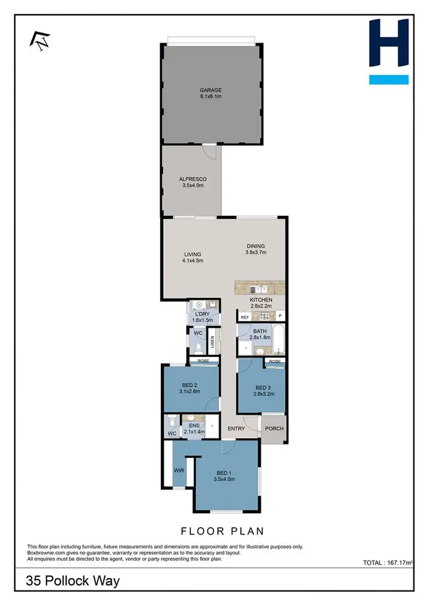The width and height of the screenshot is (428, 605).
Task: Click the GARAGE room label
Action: pyautogui.click(x=211, y=90)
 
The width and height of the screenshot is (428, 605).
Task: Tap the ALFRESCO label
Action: pyautogui.click(x=192, y=179)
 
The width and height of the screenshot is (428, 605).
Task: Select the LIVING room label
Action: pyautogui.click(x=193, y=255)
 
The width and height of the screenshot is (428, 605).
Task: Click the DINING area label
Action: pyautogui.click(x=255, y=247)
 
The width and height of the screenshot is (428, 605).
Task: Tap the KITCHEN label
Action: pyautogui.click(x=261, y=300)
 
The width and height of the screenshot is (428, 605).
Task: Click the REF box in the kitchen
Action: pyautogui.click(x=245, y=317)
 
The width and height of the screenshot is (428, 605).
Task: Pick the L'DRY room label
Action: pyautogui.click(x=203, y=314)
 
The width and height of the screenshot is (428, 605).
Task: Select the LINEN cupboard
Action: pyautogui.click(x=212, y=342)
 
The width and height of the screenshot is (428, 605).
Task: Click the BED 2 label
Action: pyautogui.click(x=189, y=385)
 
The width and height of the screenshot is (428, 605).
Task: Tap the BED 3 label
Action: pyautogui.click(x=264, y=388)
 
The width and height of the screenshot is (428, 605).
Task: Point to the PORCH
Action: pyautogui.click(x=273, y=429)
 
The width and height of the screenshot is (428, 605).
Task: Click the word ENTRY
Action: pyautogui.click(x=236, y=429)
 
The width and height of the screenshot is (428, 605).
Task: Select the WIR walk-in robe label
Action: pyautogui.click(x=178, y=470)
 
